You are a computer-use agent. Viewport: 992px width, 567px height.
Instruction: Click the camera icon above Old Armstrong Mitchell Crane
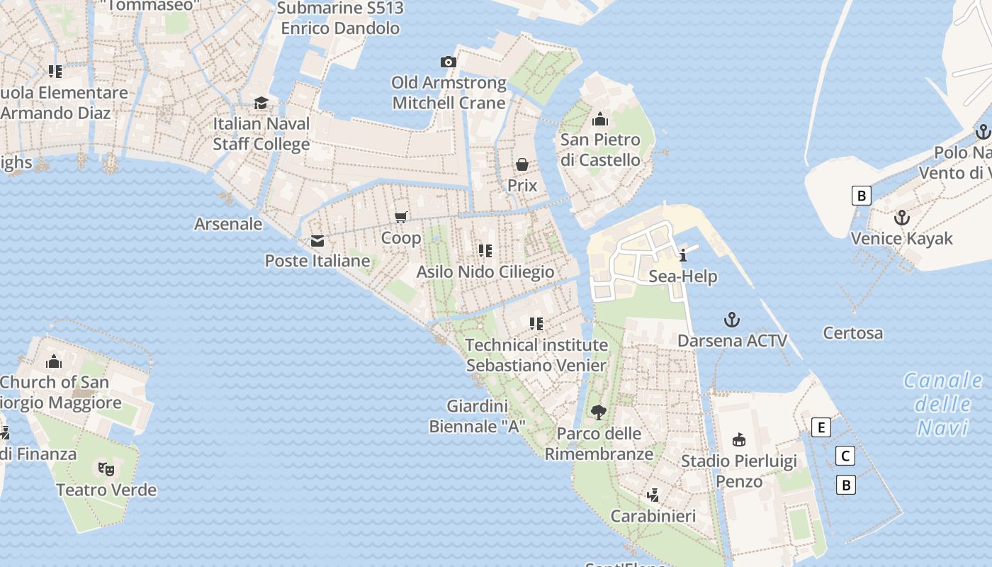pyautogui.click(x=448, y=62)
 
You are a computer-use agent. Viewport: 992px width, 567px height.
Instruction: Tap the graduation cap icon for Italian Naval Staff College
pyautogui.click(x=261, y=103)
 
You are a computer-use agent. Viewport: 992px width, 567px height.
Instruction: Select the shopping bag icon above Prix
pyautogui.click(x=522, y=165)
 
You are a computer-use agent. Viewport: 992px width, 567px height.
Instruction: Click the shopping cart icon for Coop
pyautogui.click(x=401, y=217)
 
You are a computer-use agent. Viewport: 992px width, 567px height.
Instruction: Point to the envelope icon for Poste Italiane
pyautogui.click(x=317, y=241)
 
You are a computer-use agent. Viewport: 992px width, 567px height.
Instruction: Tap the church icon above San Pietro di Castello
pyautogui.click(x=600, y=119)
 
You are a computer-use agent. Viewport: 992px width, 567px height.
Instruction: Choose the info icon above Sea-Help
pyautogui.click(x=683, y=256)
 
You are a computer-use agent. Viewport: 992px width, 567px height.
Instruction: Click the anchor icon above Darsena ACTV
pyautogui.click(x=732, y=320)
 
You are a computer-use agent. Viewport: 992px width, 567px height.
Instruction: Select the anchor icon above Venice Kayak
pyautogui.click(x=901, y=218)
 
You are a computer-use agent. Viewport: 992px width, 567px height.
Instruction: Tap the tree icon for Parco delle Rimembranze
pyautogui.click(x=599, y=412)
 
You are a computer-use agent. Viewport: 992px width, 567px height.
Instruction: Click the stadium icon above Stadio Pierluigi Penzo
pyautogui.click(x=739, y=440)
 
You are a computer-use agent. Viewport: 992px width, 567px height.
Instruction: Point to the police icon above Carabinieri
pyautogui.click(x=653, y=495)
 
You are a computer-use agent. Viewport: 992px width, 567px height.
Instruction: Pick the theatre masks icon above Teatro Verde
pyautogui.click(x=106, y=468)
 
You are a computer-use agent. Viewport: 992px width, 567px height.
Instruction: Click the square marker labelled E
pyautogui.click(x=821, y=427)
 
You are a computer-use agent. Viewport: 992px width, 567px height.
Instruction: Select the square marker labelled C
pyautogui.click(x=845, y=456)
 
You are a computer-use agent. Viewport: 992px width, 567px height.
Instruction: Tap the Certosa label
pyautogui.click(x=853, y=333)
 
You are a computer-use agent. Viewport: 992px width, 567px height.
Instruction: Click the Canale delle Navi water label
pyautogui.click(x=943, y=404)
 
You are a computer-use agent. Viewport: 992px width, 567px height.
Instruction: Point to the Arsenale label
pyautogui.click(x=228, y=224)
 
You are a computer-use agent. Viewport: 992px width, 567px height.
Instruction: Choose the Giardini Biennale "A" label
pyautogui.click(x=478, y=417)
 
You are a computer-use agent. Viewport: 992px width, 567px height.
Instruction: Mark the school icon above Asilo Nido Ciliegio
pyautogui.click(x=485, y=251)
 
